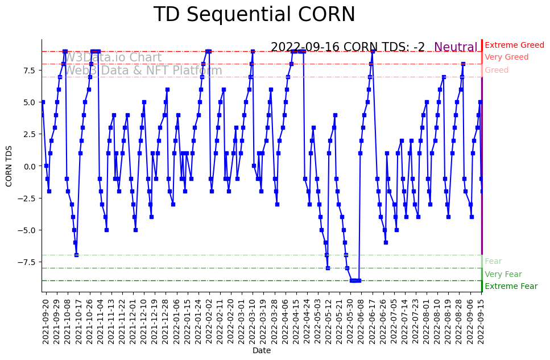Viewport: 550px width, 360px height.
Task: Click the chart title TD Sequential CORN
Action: click(x=254, y=15)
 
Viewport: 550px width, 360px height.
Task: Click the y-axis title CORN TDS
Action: click(x=9, y=165)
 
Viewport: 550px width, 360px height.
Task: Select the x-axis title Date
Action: click(x=261, y=351)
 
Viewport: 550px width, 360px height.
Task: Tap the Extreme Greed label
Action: click(x=514, y=45)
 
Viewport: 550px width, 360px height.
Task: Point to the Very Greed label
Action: click(x=506, y=57)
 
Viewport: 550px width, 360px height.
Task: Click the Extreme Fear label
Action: click(x=511, y=286)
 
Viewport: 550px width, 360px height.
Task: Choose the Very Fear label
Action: click(x=503, y=274)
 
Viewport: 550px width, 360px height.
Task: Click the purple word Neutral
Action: click(x=456, y=47)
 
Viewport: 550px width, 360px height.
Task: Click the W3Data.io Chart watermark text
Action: click(x=112, y=57)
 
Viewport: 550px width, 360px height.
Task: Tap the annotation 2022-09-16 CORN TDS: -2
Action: click(x=348, y=47)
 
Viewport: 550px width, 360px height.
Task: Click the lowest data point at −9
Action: click(x=355, y=280)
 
